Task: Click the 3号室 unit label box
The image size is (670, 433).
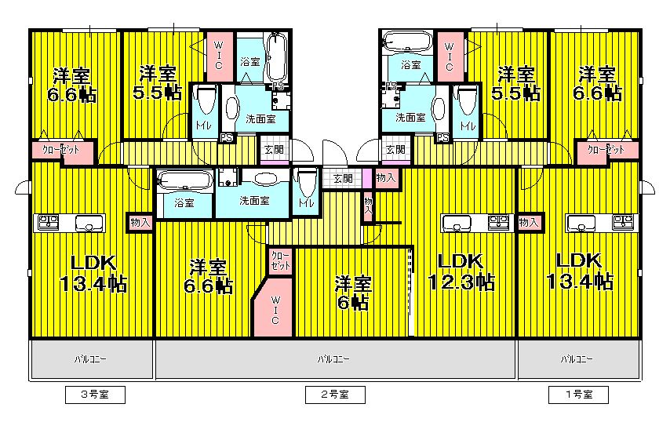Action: (95, 395)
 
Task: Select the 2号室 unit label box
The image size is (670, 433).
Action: (335, 395)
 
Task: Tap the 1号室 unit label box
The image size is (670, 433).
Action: (577, 395)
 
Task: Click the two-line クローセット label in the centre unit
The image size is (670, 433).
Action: (280, 261)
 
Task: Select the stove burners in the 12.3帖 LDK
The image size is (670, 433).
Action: (497, 223)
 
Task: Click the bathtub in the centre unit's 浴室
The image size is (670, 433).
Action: (185, 183)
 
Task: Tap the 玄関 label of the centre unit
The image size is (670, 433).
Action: (343, 179)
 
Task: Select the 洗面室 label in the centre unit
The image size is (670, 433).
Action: (254, 201)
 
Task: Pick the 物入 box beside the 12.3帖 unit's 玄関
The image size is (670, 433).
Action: (385, 178)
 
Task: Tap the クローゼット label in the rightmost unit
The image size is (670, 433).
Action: (606, 149)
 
